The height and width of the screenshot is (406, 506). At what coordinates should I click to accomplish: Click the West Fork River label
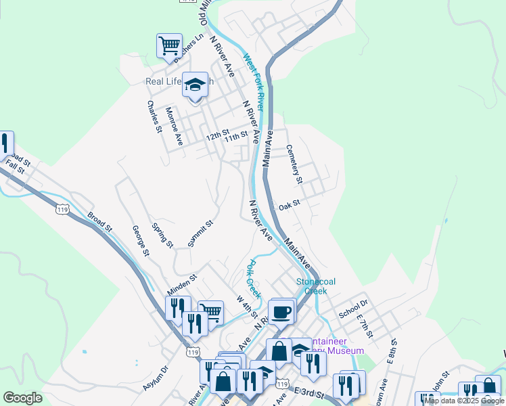[x=253, y=82]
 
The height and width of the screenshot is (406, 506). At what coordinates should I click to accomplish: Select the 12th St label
[x=218, y=135]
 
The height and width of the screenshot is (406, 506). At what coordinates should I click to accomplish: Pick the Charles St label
[x=154, y=116]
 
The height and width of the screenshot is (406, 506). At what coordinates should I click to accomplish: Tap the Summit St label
[x=201, y=233]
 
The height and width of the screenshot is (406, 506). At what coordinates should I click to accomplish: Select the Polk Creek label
[x=252, y=278]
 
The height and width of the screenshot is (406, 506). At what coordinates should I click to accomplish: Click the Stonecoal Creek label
[x=315, y=286]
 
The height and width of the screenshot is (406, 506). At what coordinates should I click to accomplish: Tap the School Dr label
[x=352, y=309]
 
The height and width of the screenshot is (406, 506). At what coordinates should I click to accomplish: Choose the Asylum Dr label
[x=155, y=380]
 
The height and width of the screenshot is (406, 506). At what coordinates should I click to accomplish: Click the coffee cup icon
[x=281, y=311]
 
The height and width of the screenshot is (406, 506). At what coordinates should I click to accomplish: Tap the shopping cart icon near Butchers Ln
[x=169, y=46]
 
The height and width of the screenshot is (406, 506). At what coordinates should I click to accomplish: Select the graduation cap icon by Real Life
[x=195, y=85]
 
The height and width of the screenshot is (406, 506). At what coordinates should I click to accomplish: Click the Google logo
[x=22, y=398]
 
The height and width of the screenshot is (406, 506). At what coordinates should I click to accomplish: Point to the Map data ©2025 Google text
[x=464, y=401]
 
